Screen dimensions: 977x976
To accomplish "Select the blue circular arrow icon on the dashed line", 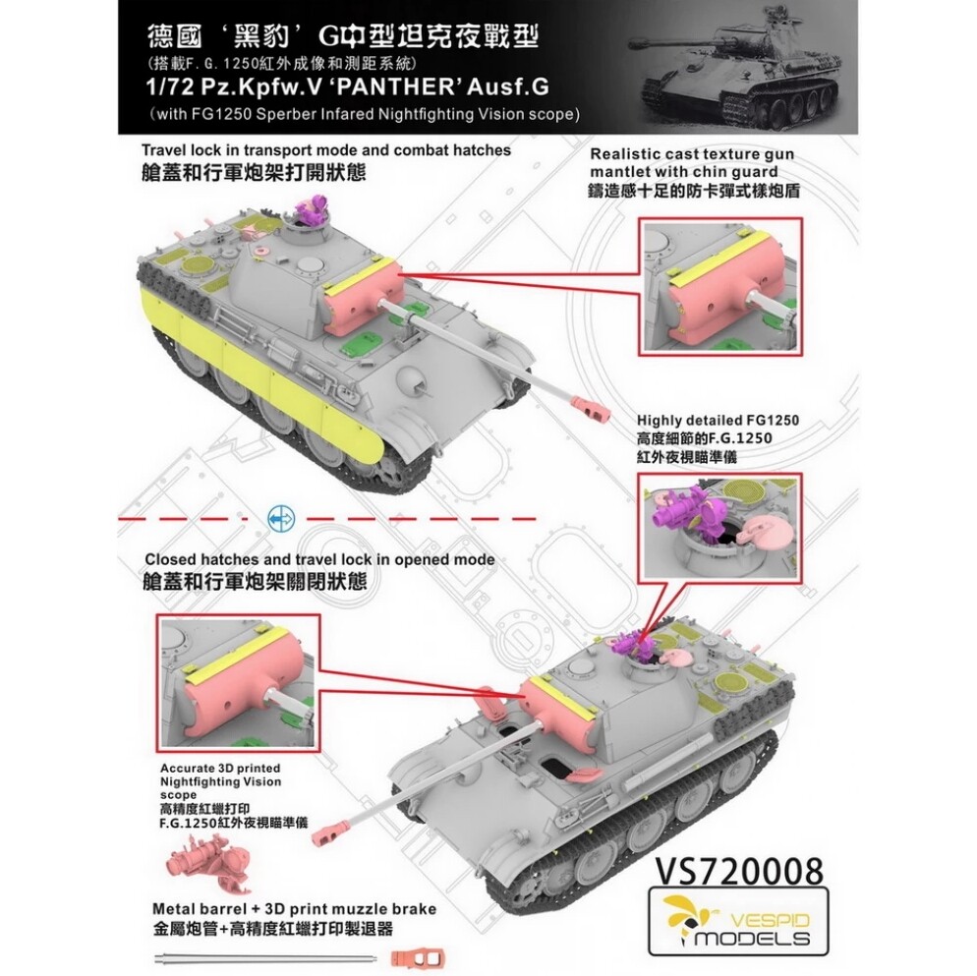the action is point(282,518).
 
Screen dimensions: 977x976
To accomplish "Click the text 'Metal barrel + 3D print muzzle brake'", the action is point(294,909).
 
